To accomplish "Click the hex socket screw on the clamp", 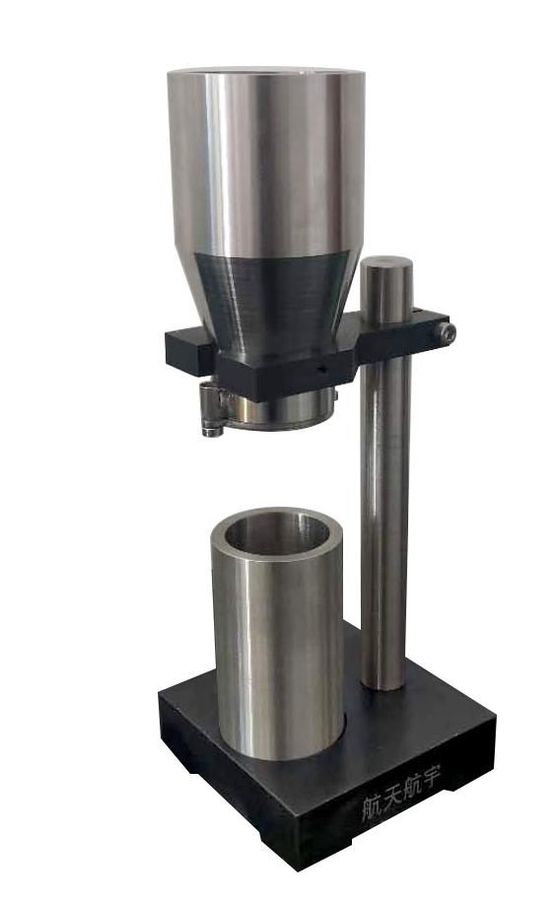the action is point(446,333).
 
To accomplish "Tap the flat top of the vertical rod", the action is point(385,264).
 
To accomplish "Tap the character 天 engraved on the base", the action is point(387,799).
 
